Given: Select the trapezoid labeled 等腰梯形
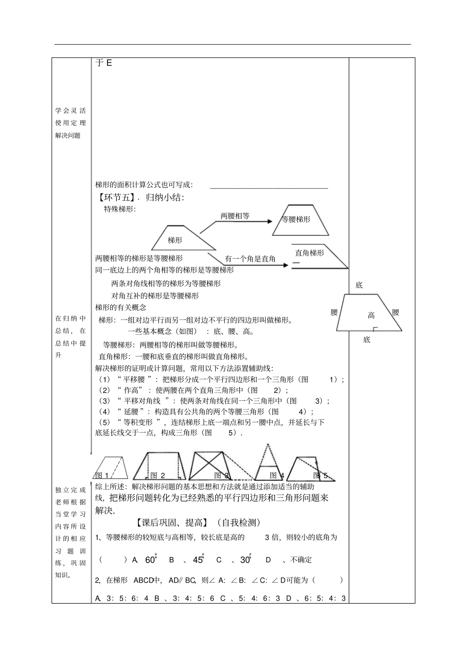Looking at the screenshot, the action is pyautogui.click(x=300, y=220).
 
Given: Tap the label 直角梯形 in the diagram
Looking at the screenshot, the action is pyautogui.click(x=310, y=253).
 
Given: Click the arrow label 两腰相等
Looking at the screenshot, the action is pyautogui.click(x=235, y=216).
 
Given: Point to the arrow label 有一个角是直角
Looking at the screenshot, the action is pyautogui.click(x=250, y=259).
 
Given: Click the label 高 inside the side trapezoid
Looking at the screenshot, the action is pyautogui.click(x=371, y=316).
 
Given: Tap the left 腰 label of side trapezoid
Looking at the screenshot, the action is pyautogui.click(x=335, y=312).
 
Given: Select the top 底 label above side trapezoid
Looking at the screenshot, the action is pyautogui.click(x=359, y=285).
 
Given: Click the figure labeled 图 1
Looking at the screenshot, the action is pyautogui.click(x=111, y=468).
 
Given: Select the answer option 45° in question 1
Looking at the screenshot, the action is pyautogui.click(x=198, y=560).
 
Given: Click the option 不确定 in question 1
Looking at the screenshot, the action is pyautogui.click(x=301, y=560).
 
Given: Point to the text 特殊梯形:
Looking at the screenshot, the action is pyautogui.click(x=120, y=210).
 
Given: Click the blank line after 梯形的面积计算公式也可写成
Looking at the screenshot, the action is pyautogui.click(x=269, y=186).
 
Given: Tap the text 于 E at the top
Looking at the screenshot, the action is pyautogui.click(x=104, y=63).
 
